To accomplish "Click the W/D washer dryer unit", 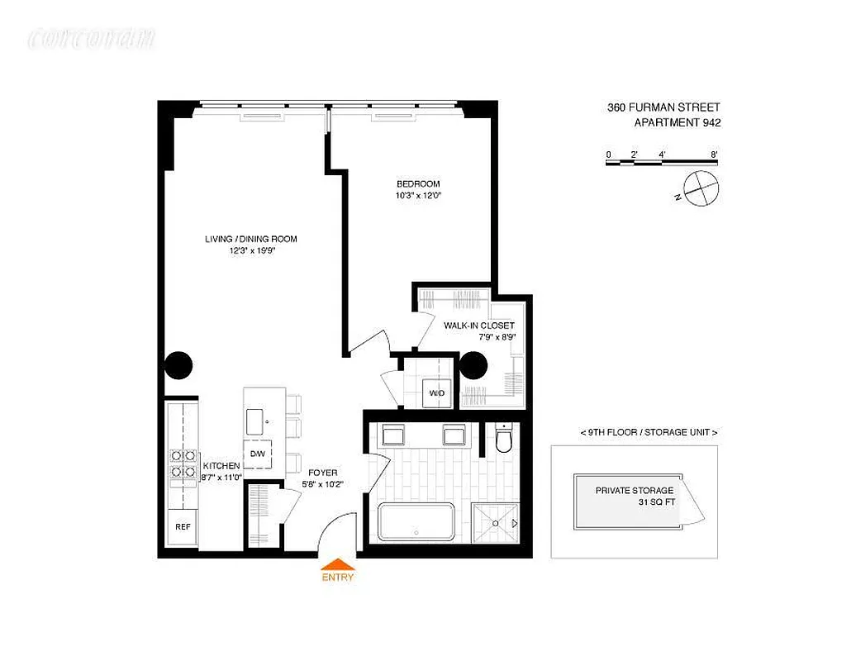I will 436,393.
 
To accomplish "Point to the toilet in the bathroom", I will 503,440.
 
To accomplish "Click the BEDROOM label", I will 418,183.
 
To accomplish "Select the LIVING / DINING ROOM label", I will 251,240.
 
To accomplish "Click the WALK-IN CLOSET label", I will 479,326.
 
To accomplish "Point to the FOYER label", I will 322,472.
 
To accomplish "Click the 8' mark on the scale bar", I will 713,155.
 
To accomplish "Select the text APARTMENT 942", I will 677,123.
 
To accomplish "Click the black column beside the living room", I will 178,364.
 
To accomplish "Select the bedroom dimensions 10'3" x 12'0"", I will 419,196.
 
